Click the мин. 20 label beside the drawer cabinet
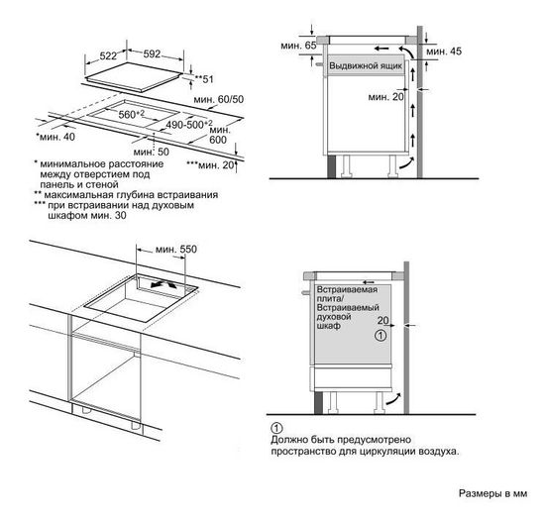point(385,97)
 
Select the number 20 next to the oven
point(382,322)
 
